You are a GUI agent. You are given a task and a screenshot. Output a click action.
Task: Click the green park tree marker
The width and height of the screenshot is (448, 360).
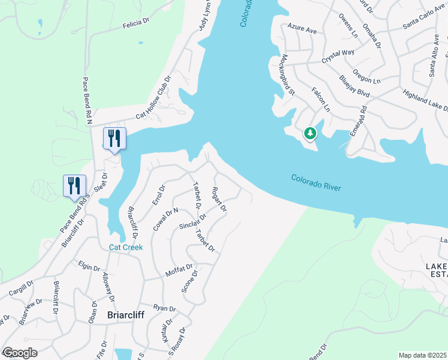(310, 133)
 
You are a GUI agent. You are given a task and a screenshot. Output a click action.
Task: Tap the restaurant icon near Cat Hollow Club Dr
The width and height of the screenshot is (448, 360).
(114, 139)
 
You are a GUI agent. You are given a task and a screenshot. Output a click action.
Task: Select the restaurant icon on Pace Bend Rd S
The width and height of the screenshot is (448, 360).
(74, 185)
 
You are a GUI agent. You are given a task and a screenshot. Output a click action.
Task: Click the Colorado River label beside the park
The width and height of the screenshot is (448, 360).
(316, 183)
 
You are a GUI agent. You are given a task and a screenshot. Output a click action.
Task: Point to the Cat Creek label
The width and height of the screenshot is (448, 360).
(125, 247)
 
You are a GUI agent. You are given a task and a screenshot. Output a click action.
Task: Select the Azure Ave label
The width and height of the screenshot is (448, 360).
(302, 28)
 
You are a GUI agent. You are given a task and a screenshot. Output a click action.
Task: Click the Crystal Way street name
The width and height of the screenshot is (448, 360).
(338, 56)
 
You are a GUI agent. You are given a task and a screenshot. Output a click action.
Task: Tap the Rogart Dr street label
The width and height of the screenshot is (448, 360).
(219, 200)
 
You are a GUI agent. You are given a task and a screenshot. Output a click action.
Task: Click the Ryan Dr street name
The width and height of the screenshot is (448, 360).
(164, 308)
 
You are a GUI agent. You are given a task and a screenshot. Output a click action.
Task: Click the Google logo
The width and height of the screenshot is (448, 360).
(20, 353)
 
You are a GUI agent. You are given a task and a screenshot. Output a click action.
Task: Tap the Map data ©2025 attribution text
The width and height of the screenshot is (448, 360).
(422, 355)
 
